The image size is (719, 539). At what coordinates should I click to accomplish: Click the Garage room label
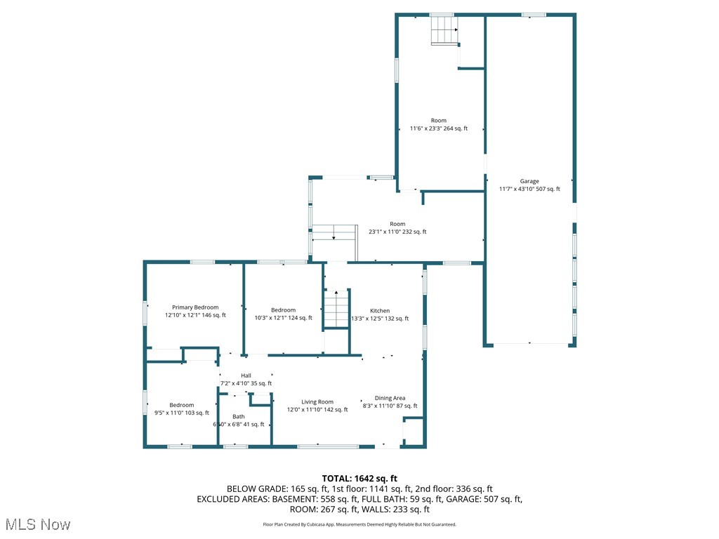coord(529,181)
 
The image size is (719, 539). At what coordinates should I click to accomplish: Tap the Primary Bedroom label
coord(195,307)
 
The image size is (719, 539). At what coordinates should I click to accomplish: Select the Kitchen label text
coord(380,311)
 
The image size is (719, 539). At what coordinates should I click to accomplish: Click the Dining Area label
coord(390,398)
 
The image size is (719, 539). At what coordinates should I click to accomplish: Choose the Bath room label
coord(239,417)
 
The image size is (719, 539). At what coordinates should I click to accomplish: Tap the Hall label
coord(246,375)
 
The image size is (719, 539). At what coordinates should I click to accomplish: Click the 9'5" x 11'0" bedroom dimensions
coord(181,413)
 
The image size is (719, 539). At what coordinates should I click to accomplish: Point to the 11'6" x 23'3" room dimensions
coord(438,128)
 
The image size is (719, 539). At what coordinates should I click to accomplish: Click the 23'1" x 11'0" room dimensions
coord(398,232)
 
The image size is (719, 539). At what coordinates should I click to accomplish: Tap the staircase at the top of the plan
coord(443,31)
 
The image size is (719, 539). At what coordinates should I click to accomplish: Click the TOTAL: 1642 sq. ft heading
coord(359,478)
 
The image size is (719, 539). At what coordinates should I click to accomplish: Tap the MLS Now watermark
coord(37,524)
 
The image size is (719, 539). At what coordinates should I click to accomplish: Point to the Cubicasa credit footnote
coord(359,524)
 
